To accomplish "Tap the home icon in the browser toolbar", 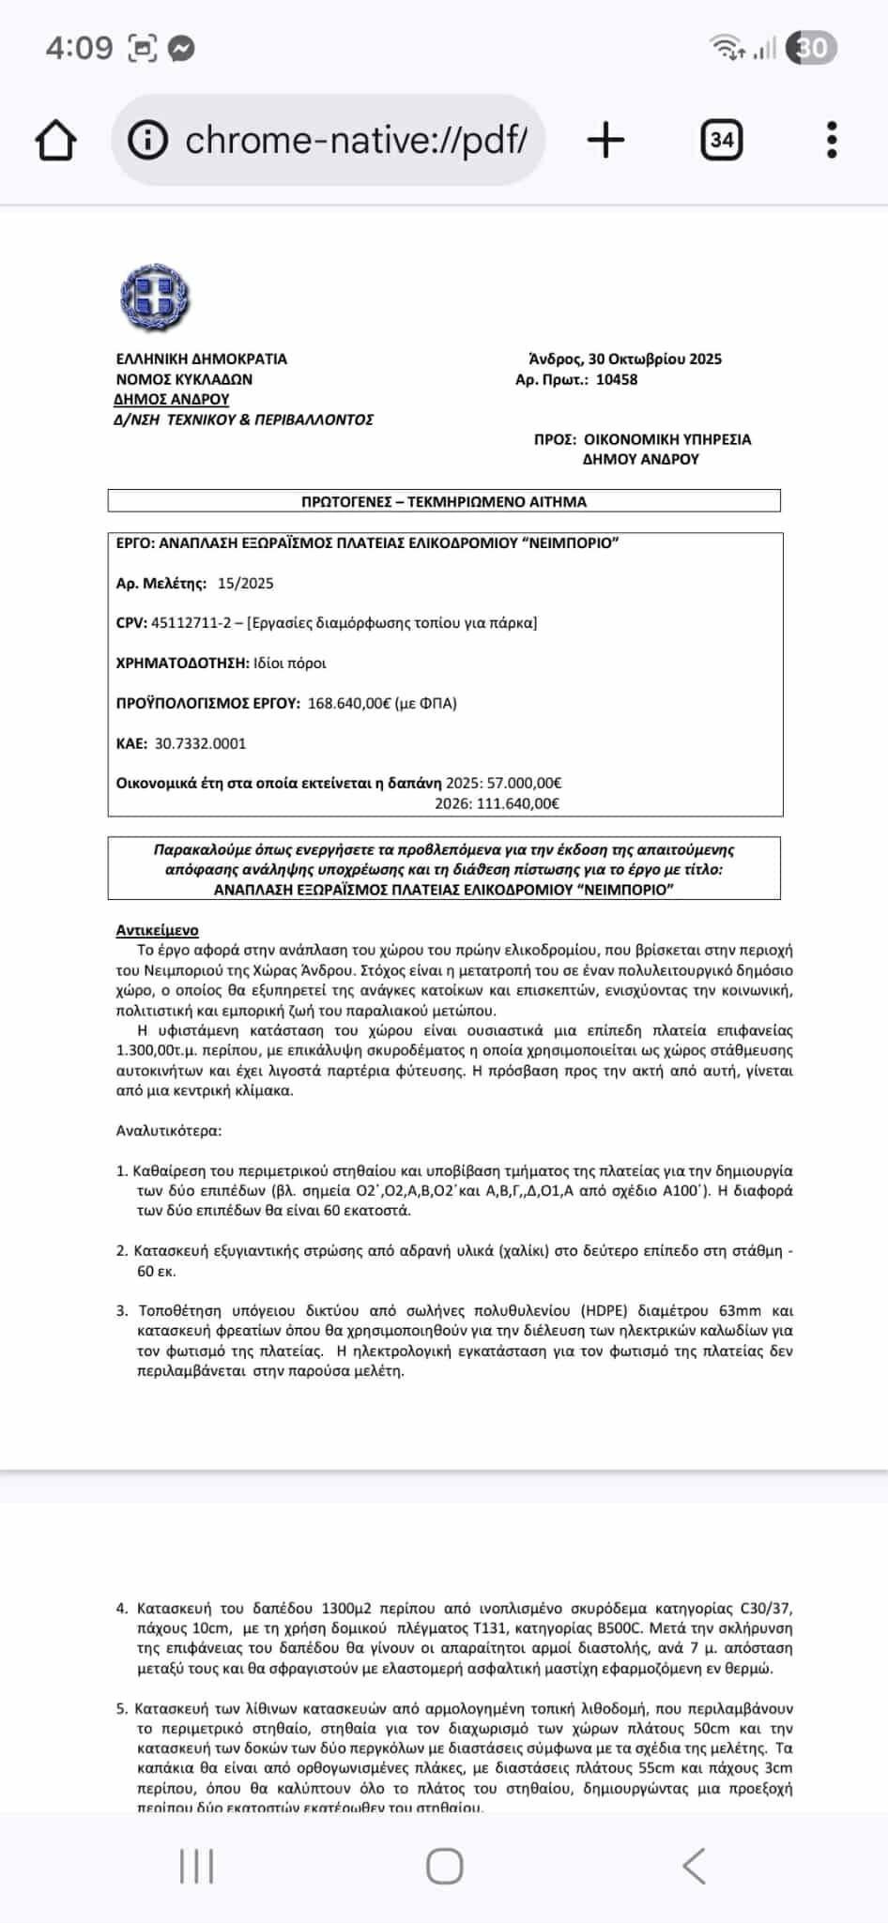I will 55,141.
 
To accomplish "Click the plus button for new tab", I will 605,141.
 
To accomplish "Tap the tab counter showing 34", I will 721,141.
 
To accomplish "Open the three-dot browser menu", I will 832,141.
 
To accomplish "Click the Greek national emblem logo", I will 156,298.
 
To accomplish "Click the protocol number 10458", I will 617,379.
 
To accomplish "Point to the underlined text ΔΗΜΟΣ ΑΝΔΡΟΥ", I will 172,399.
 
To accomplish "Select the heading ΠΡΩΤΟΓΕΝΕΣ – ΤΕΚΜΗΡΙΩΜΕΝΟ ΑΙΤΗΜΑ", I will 443,501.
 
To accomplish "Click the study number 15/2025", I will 245,583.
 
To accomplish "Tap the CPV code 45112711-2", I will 193,622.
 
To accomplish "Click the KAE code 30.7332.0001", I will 200,743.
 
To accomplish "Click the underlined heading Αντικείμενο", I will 157,930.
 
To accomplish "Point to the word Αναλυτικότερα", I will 169,1130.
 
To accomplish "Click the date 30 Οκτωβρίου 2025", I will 654,359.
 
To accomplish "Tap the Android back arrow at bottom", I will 694,1867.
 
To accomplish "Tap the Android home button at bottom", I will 444,1867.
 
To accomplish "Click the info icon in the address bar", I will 147,141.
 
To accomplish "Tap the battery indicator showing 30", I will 811,48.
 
